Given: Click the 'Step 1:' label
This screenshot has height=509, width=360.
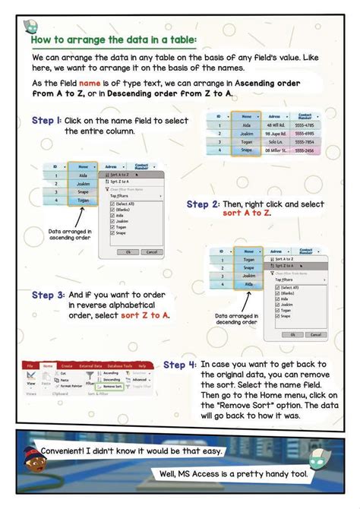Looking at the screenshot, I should (46, 121).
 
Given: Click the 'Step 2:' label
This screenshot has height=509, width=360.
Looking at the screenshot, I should (203, 204).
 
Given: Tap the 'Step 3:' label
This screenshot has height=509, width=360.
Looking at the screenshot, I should (47, 294).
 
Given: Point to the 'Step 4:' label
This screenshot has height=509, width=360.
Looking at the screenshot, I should (180, 365).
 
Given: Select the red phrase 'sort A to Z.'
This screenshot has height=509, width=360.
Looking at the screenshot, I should (247, 213).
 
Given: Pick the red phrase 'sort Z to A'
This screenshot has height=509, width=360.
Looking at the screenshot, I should (145, 315).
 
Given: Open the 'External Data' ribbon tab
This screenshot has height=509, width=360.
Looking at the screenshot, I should (91, 365).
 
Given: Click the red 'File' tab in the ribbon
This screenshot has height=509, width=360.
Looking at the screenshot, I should (30, 365).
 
